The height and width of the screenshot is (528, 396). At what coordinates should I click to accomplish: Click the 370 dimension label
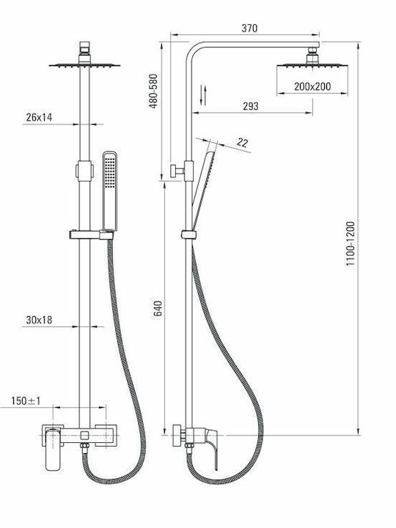pos(249,28)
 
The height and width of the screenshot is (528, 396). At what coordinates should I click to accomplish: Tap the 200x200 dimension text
pos(312,87)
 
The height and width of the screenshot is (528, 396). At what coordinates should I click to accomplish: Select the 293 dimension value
pos(251,106)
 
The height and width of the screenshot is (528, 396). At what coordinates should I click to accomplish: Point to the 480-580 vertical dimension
pos(153,91)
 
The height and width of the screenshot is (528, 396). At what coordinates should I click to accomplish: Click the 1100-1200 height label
pos(351,243)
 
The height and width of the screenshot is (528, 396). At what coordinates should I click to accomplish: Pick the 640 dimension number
pos(158,308)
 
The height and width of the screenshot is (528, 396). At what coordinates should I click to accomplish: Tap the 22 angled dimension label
pos(242,142)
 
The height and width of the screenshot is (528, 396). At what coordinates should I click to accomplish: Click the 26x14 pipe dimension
pos(39,117)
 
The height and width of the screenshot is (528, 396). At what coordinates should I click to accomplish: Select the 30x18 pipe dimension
pos(39,320)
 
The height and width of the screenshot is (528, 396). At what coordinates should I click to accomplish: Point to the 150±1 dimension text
pos(26,400)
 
